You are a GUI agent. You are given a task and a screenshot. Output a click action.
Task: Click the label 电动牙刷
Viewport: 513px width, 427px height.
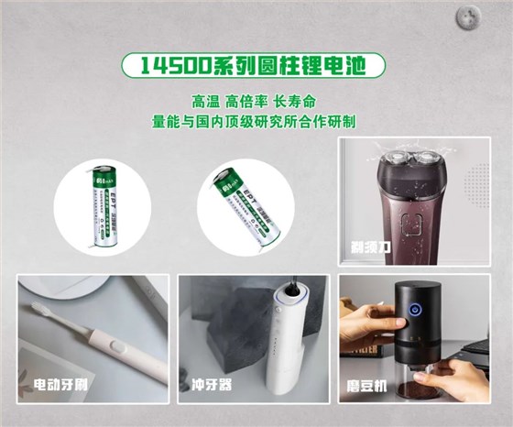pos(58,381)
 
